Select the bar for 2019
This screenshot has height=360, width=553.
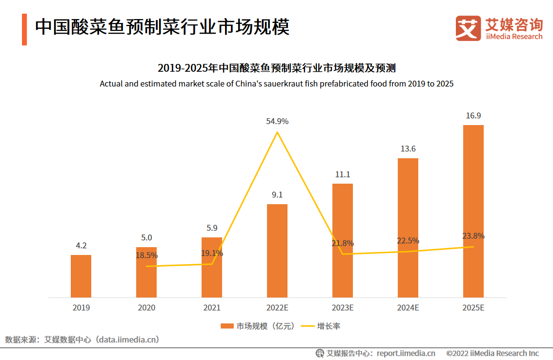(81, 276)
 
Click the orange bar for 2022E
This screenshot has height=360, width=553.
(277, 251)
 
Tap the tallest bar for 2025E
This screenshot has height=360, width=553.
(473, 211)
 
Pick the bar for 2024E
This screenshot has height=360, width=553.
(408, 228)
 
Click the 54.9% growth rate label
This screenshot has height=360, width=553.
(277, 121)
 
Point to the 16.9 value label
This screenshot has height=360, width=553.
(473, 116)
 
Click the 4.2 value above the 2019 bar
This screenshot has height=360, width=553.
(81, 246)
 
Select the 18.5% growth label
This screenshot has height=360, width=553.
(146, 255)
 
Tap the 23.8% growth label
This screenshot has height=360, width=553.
(473, 236)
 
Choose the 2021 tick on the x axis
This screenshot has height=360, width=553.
(212, 308)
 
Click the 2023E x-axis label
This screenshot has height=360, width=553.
(343, 308)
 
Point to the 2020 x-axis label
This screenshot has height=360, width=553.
(146, 308)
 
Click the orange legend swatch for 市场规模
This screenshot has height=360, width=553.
(227, 326)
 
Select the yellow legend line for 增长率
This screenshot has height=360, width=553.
(307, 326)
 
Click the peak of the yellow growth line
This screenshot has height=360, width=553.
(277, 132)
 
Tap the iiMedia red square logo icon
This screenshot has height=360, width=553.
(468, 28)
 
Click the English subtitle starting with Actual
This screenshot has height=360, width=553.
(277, 84)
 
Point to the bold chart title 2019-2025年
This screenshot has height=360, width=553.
(276, 67)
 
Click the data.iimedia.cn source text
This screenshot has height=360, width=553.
(128, 339)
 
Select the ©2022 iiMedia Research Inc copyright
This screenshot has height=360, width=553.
(492, 353)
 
